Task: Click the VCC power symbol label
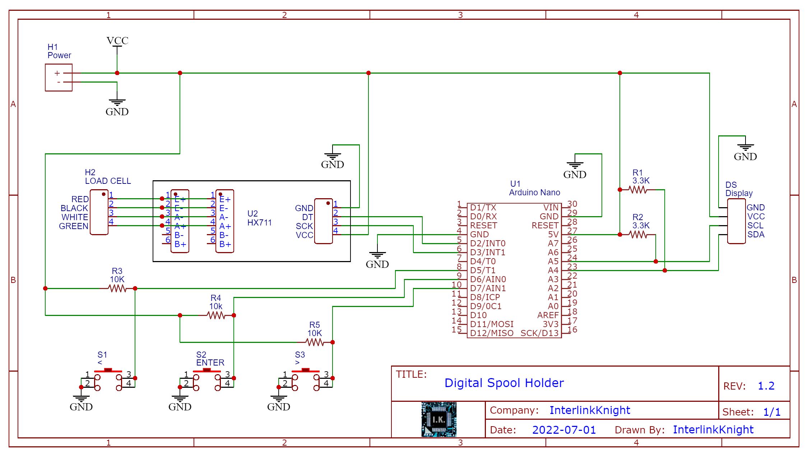pos(117,41)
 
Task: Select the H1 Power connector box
pos(59,78)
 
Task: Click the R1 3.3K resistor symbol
pos(638,190)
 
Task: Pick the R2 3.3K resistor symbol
pos(638,234)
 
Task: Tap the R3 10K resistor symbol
pos(117,288)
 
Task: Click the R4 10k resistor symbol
pos(216,315)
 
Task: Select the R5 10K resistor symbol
pos(315,342)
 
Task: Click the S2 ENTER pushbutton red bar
pos(206,370)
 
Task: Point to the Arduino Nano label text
pos(534,192)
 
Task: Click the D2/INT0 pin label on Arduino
pos(488,243)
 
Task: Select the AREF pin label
pos(548,315)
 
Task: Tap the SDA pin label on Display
pos(756,234)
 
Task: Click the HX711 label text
pos(259,223)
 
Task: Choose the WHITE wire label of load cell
pos(75,217)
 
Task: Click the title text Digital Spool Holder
pos(504,383)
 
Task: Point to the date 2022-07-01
pos(564,430)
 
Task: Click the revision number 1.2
pos(766,386)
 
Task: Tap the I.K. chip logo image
pos(438,419)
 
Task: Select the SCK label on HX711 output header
pos(304,226)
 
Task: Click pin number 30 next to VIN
pos(572,204)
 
